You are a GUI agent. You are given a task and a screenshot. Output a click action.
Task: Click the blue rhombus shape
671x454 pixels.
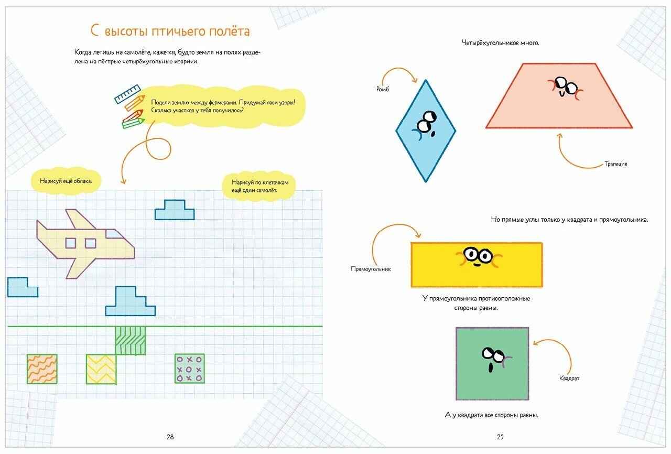(426, 131)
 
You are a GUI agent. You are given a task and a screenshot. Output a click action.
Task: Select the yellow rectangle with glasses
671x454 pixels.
(477, 265)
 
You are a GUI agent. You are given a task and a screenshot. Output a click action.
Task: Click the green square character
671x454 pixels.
(492, 364)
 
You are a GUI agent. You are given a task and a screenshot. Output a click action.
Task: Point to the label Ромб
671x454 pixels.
(383, 89)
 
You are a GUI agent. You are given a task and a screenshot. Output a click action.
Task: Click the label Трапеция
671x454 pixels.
(615, 164)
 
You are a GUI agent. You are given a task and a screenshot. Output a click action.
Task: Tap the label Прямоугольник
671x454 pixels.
(371, 269)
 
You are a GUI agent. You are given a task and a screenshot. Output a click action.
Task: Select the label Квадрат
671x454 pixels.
(569, 378)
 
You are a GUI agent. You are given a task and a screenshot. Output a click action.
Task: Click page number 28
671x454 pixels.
(170, 437)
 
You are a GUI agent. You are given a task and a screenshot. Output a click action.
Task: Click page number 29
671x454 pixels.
(500, 437)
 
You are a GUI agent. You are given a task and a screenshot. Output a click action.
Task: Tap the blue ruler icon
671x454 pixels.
(128, 93)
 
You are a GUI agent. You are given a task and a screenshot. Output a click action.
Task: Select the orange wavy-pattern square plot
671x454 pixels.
(42, 369)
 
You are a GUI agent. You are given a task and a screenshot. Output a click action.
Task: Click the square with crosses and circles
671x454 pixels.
(189, 369)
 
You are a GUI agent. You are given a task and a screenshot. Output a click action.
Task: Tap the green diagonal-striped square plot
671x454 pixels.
(130, 340)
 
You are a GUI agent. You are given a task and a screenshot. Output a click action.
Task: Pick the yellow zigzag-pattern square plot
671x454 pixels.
(101, 369)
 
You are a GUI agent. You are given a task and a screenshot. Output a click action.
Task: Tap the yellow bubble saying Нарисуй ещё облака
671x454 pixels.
(66, 181)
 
